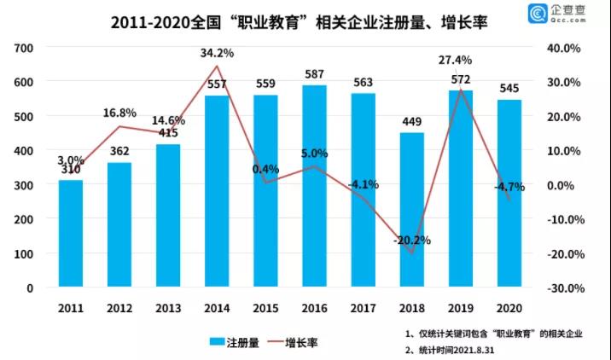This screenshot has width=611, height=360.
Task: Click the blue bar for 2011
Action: (71, 234)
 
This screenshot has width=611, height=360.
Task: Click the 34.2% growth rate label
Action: (217, 53)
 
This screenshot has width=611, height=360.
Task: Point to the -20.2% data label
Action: (411, 241)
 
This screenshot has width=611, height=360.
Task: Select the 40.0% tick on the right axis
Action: (567, 48)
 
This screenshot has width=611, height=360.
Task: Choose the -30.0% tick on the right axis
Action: (564, 288)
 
